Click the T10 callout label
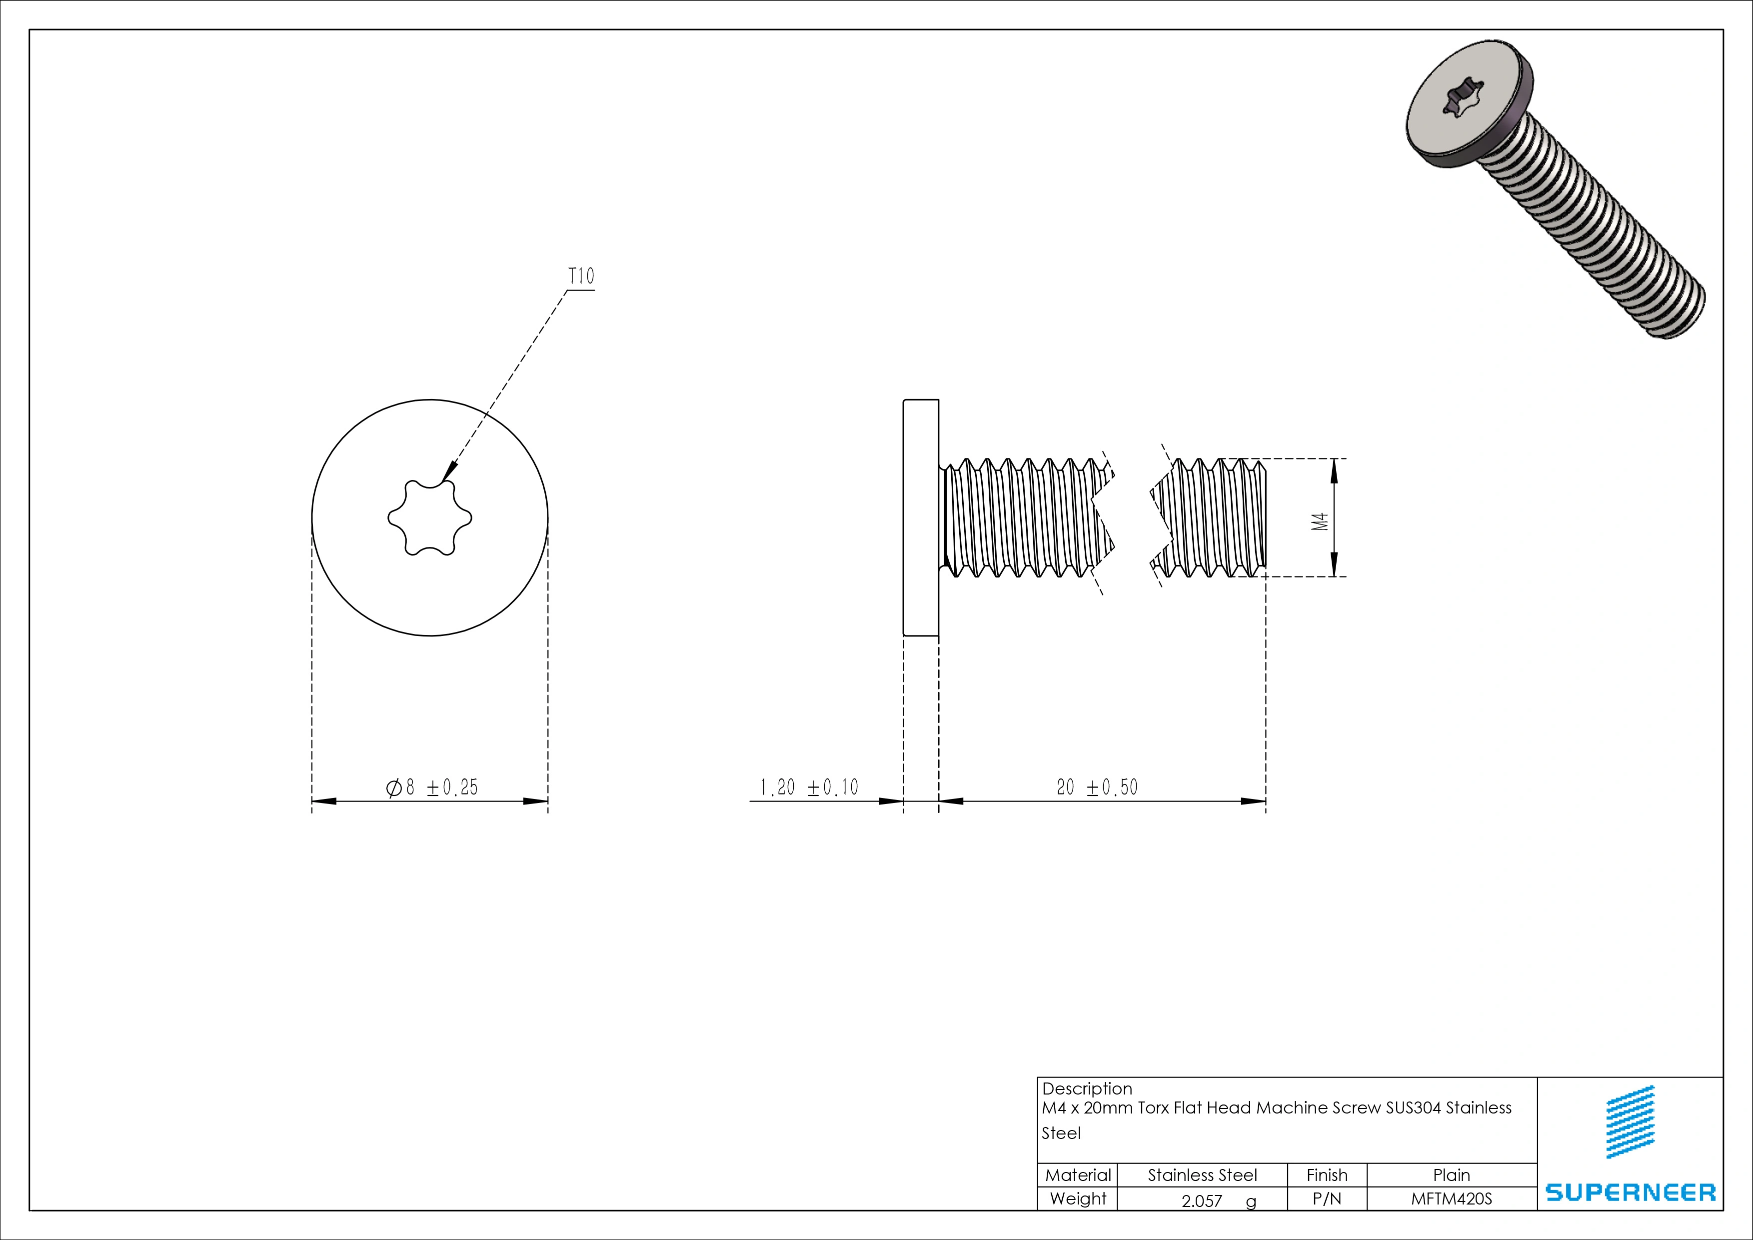point(581,276)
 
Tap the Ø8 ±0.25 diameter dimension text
point(433,787)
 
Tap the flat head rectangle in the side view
point(921,517)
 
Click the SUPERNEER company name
point(1630,1192)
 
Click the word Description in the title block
point(1087,1089)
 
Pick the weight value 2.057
point(1202,1201)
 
